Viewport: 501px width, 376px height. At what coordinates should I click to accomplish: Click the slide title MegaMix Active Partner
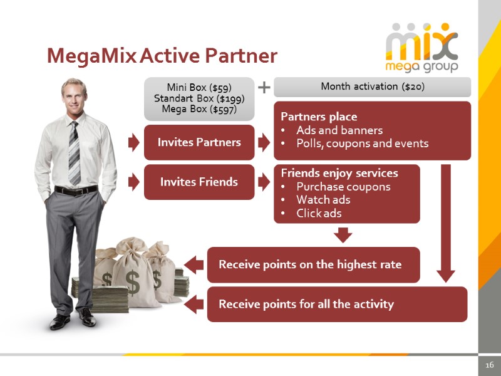pyautogui.click(x=162, y=56)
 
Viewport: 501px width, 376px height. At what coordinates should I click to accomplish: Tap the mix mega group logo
pyautogui.click(x=421, y=48)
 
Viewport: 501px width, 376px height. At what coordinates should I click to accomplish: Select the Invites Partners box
pyautogui.click(x=199, y=142)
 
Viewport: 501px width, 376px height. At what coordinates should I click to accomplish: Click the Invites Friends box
pyautogui.click(x=199, y=182)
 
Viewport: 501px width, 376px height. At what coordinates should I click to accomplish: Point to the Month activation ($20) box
pyautogui.click(x=372, y=86)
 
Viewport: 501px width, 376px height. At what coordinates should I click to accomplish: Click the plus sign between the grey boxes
pyautogui.click(x=264, y=87)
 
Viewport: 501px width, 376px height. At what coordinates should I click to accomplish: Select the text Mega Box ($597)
pyautogui.click(x=199, y=109)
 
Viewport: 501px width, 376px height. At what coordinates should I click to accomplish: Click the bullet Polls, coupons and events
pyautogui.click(x=362, y=144)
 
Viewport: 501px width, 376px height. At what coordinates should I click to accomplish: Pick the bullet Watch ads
pyautogui.click(x=323, y=200)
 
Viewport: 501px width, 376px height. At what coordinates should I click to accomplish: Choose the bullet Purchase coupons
pyautogui.click(x=343, y=187)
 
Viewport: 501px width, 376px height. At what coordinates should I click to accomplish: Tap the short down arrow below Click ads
pyautogui.click(x=343, y=235)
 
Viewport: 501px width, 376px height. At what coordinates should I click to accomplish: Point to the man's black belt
pyautogui.click(x=76, y=190)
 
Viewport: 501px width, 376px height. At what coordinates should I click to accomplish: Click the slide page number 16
pyautogui.click(x=489, y=365)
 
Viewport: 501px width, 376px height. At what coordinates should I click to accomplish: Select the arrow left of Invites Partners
pyautogui.click(x=133, y=142)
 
